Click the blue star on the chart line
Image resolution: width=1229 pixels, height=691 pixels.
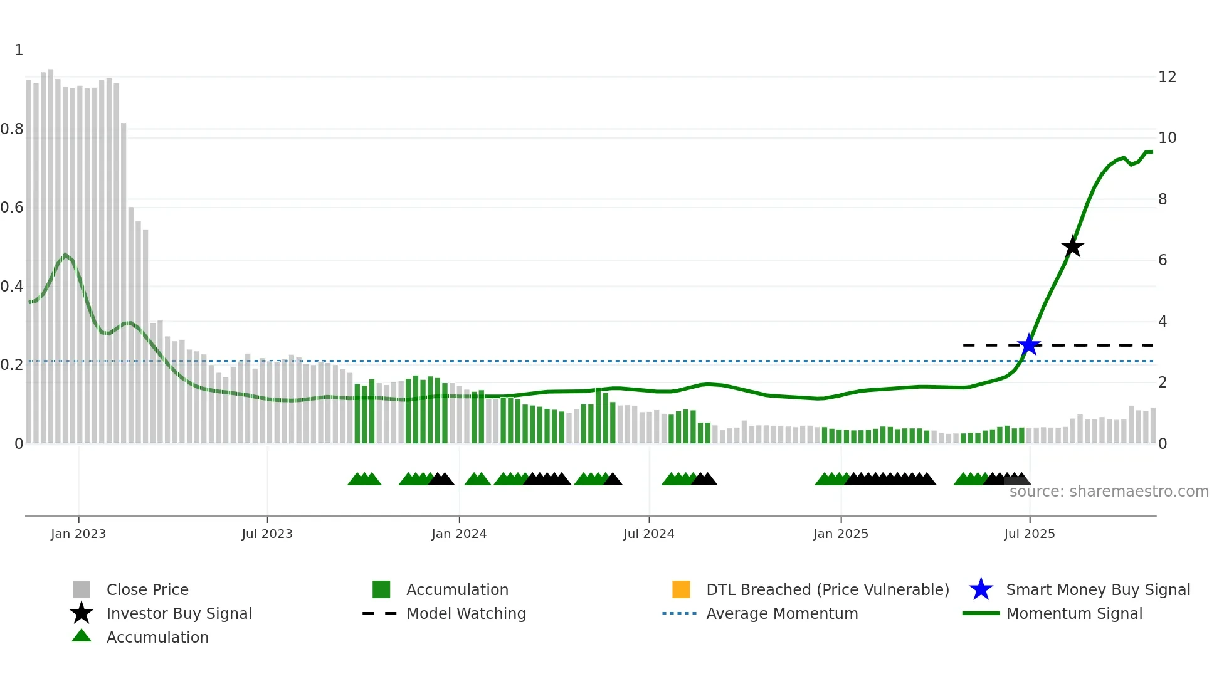(1029, 345)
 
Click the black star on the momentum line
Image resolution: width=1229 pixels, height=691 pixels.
(1072, 246)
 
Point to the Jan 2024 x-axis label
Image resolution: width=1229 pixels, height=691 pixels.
(459, 534)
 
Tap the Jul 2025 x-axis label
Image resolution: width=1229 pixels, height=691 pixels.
(1029, 534)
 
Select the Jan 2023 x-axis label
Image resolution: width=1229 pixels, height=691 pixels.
(78, 534)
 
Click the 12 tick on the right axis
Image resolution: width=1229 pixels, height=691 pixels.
(1167, 77)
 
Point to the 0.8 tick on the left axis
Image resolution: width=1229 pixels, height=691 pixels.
(12, 129)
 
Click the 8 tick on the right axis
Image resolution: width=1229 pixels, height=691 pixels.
(1163, 199)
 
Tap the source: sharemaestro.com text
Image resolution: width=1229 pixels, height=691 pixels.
(1109, 492)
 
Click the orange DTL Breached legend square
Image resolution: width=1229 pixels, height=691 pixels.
(681, 589)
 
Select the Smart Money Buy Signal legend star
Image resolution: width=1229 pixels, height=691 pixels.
(981, 589)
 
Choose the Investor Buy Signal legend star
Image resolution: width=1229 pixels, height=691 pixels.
(82, 613)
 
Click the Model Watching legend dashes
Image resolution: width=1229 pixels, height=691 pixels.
(379, 613)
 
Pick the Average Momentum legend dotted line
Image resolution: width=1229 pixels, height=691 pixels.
(679, 613)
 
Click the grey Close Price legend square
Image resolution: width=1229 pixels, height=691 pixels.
(82, 589)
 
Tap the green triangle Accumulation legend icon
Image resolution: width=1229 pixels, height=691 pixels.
(82, 636)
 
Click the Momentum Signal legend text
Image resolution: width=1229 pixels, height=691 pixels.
(1073, 613)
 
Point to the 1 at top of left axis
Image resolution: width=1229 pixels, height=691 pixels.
(19, 50)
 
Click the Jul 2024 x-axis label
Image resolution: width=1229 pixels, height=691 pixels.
(648, 534)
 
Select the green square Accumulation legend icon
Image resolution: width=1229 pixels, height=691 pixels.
(381, 589)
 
